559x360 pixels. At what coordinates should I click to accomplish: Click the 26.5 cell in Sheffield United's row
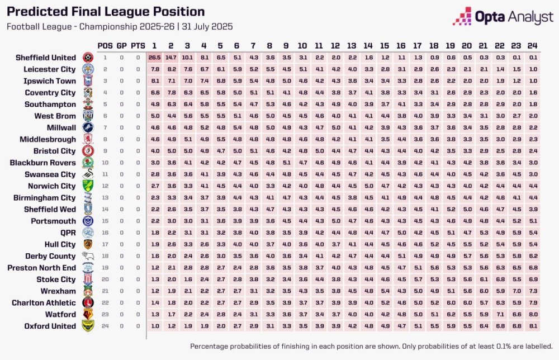[x=155, y=58]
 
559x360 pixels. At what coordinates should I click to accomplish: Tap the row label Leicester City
[x=49, y=69]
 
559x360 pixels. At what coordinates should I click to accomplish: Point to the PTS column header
[x=138, y=45]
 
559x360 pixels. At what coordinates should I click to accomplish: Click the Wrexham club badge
[x=88, y=291]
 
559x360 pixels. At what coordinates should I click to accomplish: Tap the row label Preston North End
[x=41, y=268]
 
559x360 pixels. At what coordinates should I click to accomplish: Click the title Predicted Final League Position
[x=106, y=12]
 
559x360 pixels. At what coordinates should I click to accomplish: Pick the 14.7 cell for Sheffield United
[x=171, y=58]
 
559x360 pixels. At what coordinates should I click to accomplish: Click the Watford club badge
[x=88, y=315]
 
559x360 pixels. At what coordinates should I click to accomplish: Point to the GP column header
[x=121, y=45]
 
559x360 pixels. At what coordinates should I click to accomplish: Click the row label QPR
[x=68, y=233]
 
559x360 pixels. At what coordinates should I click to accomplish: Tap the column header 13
[x=352, y=45]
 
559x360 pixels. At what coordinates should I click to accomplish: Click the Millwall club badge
[x=88, y=128]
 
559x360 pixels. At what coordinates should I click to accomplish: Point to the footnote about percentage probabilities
[x=371, y=346]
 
